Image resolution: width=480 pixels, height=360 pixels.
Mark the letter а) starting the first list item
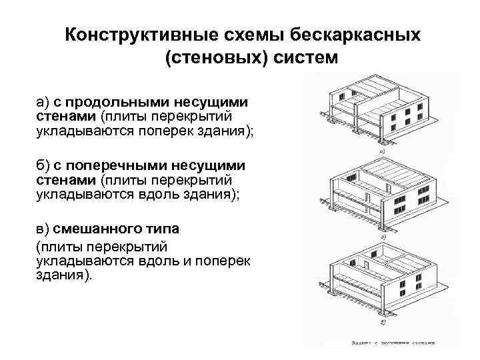pos(43,102)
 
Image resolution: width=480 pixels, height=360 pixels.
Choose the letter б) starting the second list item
pos(43,165)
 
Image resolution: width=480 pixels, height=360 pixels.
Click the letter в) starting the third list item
pos(43,228)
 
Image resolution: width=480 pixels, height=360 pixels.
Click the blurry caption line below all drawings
pos(393,343)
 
